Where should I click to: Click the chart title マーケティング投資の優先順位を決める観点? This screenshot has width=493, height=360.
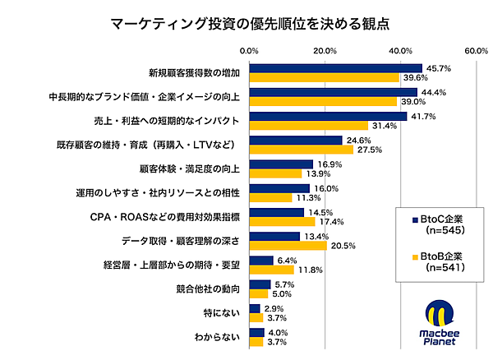tap(246, 21)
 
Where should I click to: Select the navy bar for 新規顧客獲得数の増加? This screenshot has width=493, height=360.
tap(335, 68)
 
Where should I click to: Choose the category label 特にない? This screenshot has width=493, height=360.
tap(221, 313)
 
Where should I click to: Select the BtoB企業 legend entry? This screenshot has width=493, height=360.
tap(438, 262)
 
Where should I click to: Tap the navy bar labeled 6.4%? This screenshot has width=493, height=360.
tap(260, 261)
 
